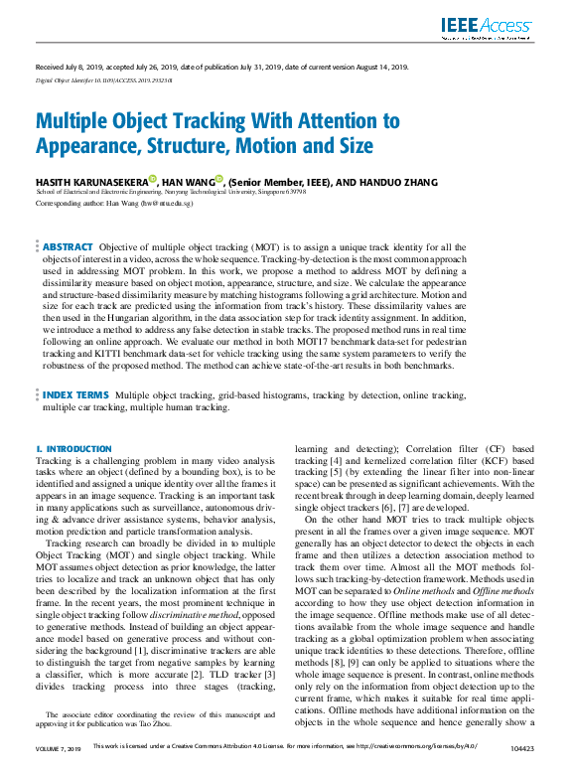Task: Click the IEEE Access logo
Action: coord(488,28)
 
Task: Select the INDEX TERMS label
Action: coord(75,394)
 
